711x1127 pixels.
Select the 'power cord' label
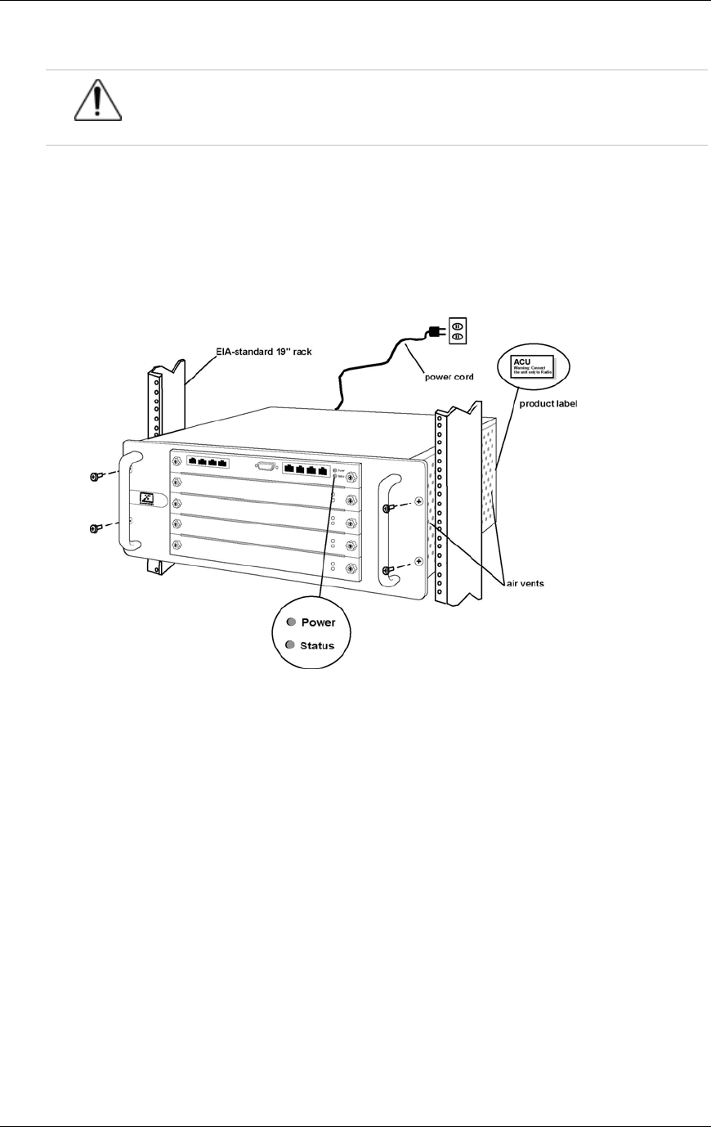coord(449,377)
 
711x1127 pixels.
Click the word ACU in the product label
coord(521,361)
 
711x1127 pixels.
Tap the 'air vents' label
coord(524,583)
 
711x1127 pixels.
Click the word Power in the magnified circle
coord(318,622)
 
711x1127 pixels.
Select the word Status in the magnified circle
coord(317,646)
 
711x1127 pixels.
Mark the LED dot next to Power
coord(290,622)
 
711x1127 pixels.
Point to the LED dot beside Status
coord(290,645)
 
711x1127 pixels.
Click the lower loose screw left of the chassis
coord(96,528)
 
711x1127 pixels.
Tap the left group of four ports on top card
coord(207,461)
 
